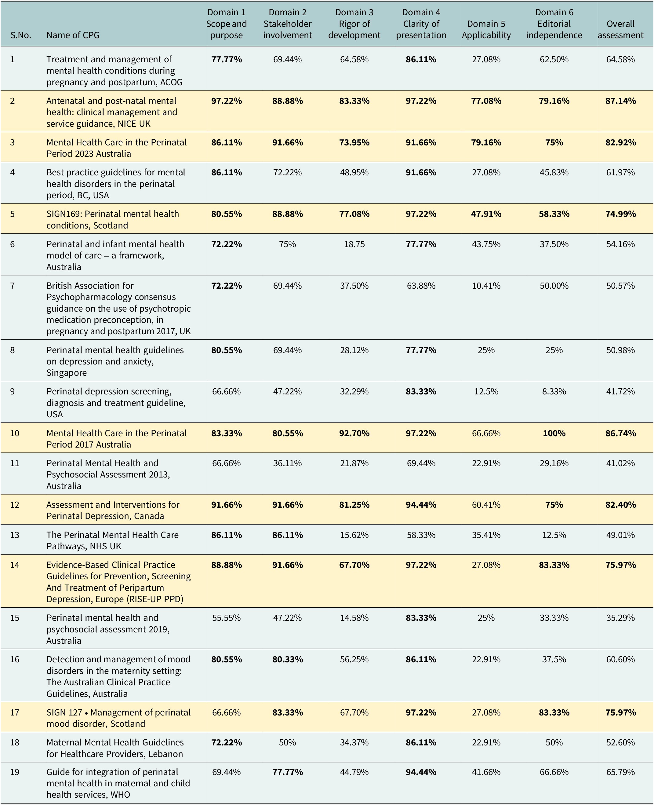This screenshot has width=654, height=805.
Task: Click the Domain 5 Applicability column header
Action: pos(486,29)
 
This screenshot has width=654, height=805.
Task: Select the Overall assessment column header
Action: pos(620,29)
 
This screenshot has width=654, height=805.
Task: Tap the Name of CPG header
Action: pos(73,35)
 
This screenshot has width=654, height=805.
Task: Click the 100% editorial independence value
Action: pos(554,433)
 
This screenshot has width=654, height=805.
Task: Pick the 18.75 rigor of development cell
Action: pos(354,244)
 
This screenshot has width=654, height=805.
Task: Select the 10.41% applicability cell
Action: pos(486,286)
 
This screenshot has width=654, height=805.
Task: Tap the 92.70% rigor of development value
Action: pos(354,433)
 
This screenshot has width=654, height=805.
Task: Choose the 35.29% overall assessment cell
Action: pos(620,618)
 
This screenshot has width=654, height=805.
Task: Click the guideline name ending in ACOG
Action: pos(114,71)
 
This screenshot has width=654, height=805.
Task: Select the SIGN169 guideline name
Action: pos(113,219)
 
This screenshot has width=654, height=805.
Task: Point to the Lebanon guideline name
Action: pos(115,748)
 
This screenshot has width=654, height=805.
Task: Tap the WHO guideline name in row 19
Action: pos(118,783)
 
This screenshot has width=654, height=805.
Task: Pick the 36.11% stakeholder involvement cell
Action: pos(287,463)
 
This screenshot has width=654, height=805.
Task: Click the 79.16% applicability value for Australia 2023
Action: pos(486,142)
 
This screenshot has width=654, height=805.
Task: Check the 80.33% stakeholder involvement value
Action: pos(287,659)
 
